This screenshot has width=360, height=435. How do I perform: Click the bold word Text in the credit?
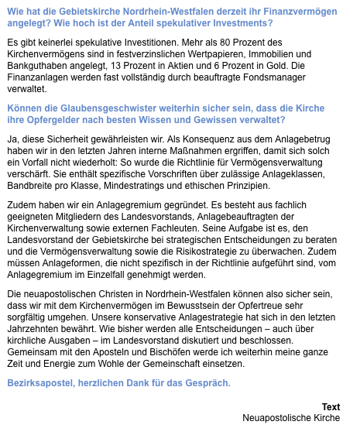pyautogui.click(x=331, y=406)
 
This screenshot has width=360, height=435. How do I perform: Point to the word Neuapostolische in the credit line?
pyautogui.click(x=279, y=418)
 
